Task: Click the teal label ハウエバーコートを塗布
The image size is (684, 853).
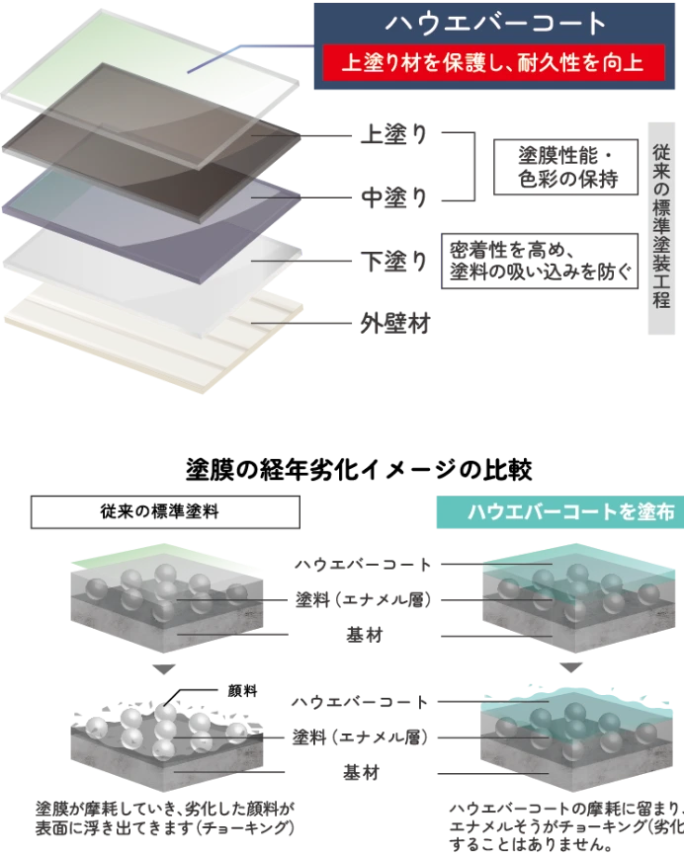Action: click(557, 511)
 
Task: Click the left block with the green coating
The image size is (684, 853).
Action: click(163, 597)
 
